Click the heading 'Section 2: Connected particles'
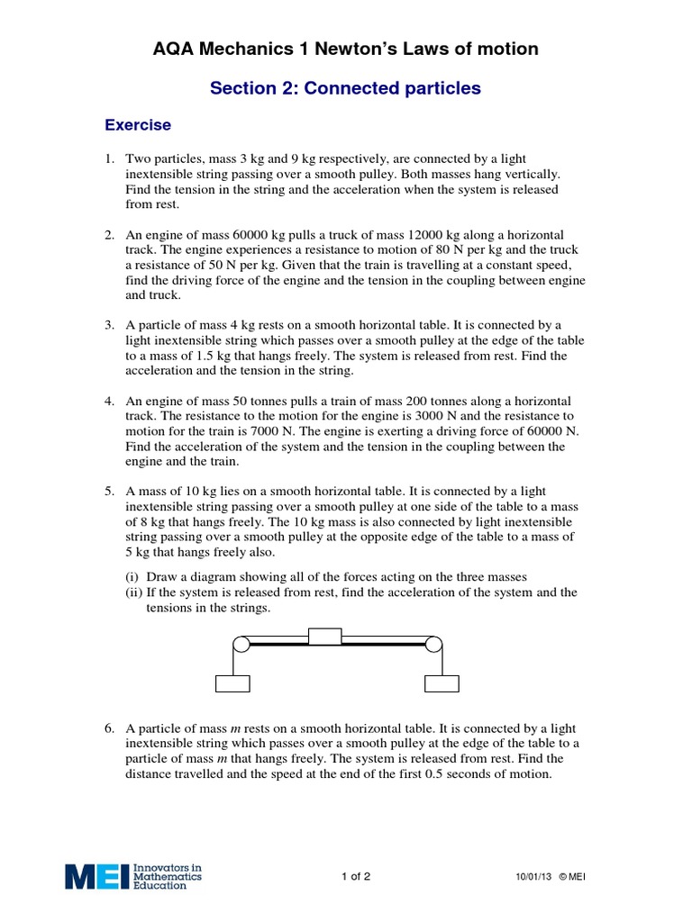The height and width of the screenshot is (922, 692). coord(345,88)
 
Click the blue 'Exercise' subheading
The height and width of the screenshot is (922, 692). coord(138,124)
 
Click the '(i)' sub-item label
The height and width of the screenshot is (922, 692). coord(132,576)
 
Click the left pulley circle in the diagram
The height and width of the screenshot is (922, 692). coord(241,644)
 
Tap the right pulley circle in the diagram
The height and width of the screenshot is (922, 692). coord(433,644)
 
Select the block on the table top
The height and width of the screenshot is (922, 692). coord(324,637)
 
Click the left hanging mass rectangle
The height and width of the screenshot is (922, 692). coord(232,683)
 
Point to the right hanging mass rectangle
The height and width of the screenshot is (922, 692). coord(442,683)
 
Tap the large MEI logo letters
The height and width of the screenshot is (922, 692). coord(96,876)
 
